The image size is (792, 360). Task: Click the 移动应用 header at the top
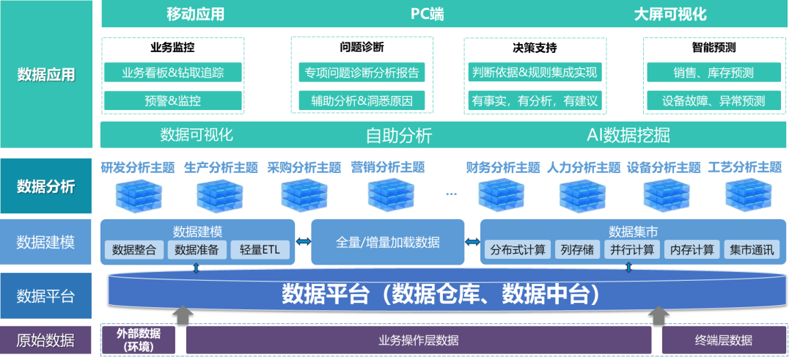tap(195, 14)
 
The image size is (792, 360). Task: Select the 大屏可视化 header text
tap(670, 14)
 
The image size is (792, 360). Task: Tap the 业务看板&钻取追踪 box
tap(172, 73)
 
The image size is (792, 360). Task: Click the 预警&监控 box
tap(172, 100)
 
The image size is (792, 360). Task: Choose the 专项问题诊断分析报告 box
tap(362, 73)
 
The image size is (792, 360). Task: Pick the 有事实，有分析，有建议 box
tap(535, 100)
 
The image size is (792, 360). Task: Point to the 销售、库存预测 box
tap(713, 73)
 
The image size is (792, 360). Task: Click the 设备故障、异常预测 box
tap(713, 100)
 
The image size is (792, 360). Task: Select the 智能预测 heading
tap(713, 48)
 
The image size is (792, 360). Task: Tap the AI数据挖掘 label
tap(628, 135)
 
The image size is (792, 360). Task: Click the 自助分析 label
tap(399, 135)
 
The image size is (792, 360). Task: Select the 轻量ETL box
tap(260, 249)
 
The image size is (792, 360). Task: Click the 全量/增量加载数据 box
tap(388, 242)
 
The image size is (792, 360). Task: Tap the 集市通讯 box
tap(751, 249)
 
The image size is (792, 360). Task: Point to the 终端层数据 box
tap(723, 340)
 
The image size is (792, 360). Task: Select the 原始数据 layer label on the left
tap(45, 340)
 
